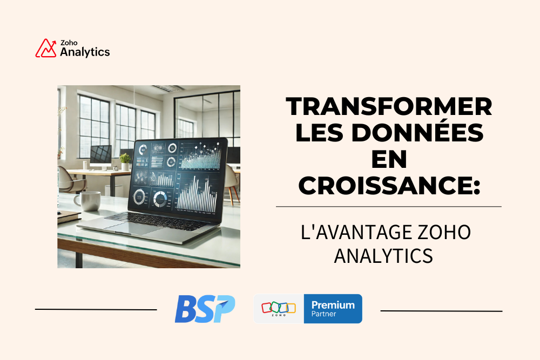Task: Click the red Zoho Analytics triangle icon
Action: [x=45, y=48]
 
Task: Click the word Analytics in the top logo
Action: [x=85, y=52]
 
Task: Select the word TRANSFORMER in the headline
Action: [x=389, y=106]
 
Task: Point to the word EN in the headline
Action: [x=389, y=159]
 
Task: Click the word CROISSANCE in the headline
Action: [x=385, y=186]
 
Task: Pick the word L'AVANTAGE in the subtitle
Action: [x=356, y=232]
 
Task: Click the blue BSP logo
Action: [x=205, y=309]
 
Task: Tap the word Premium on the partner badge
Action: [x=333, y=305]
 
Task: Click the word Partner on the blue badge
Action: [x=323, y=314]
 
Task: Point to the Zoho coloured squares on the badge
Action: [x=279, y=307]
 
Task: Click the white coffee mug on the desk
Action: [x=87, y=201]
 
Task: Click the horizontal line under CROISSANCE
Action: [x=389, y=207]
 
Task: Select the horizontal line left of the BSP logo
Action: [x=96, y=309]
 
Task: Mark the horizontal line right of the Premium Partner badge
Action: [x=442, y=311]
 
